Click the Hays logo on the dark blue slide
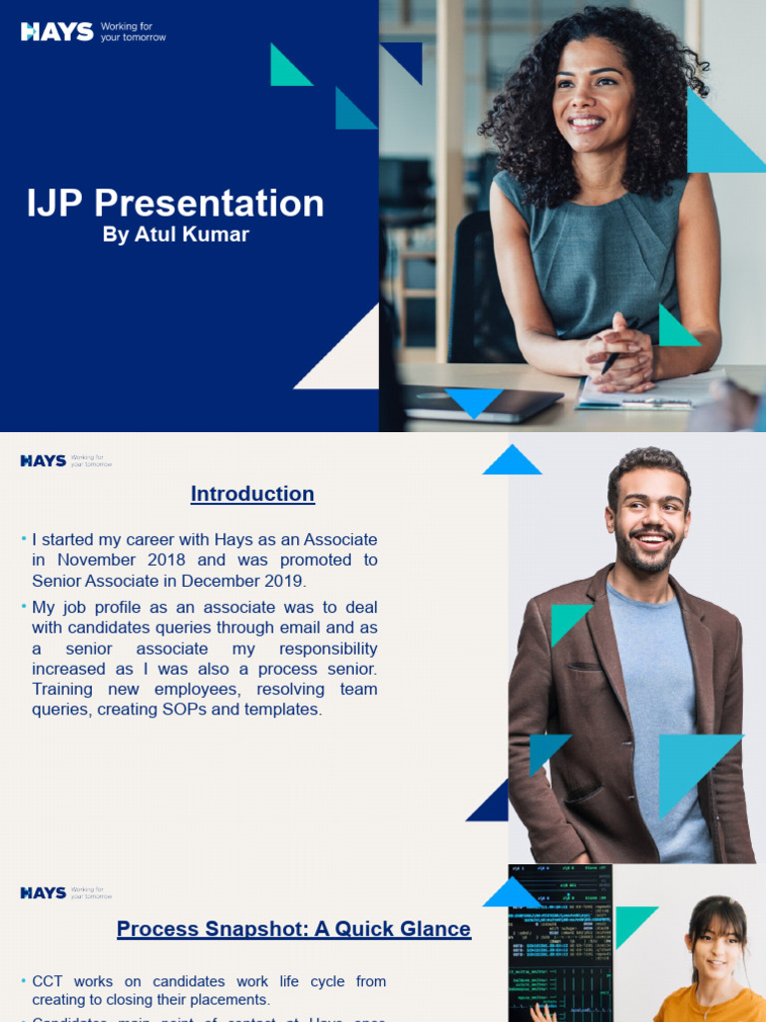tap(58, 32)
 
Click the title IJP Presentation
tap(176, 203)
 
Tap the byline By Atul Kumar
tap(176, 235)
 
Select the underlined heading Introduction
tap(252, 493)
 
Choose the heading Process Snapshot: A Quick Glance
tap(293, 929)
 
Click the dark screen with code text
tap(560, 943)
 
